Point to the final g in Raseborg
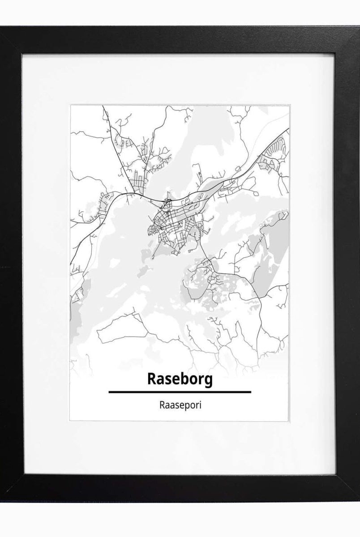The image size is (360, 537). point(208,380)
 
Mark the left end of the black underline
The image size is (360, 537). point(109,392)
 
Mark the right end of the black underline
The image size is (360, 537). point(250,392)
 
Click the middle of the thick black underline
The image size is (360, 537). point(180,392)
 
